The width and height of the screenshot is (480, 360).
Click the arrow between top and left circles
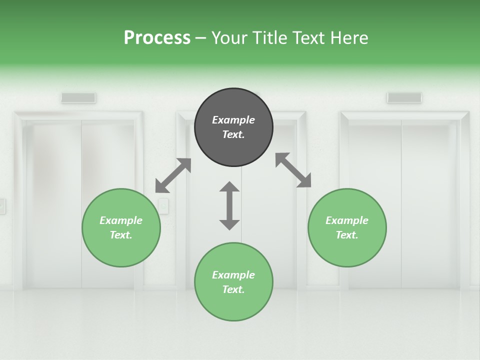173,175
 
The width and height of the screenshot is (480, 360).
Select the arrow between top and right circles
293,170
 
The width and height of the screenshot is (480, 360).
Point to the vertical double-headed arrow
229,205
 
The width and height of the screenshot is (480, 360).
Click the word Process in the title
157,37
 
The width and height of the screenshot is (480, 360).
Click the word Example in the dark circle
233,120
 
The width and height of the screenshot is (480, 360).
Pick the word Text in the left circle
121,235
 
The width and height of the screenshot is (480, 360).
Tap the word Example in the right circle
347,220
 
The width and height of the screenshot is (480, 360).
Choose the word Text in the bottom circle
233,289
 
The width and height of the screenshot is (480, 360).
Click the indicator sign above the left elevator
78,98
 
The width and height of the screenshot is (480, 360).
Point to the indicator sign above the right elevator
404,97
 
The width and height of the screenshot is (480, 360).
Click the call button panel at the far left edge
2,206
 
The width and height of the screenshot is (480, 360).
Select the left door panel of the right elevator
374,205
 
